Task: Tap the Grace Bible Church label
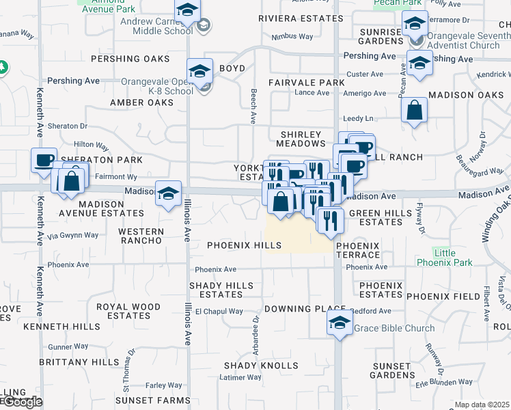click(x=394, y=328)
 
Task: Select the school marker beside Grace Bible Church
click(x=340, y=323)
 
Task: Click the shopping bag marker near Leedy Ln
click(x=415, y=110)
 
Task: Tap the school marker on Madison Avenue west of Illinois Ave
click(x=168, y=193)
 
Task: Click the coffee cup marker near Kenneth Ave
click(x=44, y=161)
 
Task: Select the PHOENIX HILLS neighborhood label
click(x=235, y=245)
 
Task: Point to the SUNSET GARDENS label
click(x=392, y=370)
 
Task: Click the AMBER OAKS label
click(x=141, y=102)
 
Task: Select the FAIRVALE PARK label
click(x=306, y=83)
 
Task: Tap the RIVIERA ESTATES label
click(x=301, y=18)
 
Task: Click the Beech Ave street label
click(x=253, y=106)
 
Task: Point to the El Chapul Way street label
click(x=219, y=312)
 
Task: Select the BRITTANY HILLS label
click(x=79, y=361)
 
